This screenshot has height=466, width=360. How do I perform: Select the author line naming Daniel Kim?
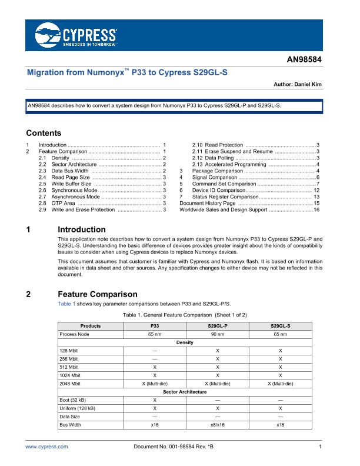298,85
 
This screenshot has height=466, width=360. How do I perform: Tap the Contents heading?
44,133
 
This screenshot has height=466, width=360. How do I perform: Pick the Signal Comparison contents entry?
215,177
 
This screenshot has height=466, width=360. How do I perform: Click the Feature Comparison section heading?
98,294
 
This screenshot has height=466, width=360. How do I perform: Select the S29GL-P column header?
218,326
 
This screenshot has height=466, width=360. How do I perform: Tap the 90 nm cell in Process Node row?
218,334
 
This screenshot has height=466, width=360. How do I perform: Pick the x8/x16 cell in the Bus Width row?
218,424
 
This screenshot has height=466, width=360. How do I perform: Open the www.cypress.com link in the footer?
47,447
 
